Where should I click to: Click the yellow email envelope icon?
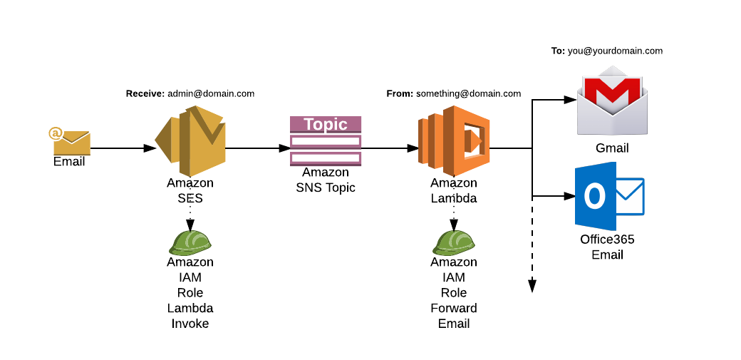pyautogui.click(x=71, y=142)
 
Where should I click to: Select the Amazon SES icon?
pyautogui.click(x=190, y=141)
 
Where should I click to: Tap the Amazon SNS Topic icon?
pyautogui.click(x=326, y=141)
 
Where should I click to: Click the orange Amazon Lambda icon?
pyautogui.click(x=454, y=141)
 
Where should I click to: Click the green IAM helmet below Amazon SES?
pyautogui.click(x=190, y=242)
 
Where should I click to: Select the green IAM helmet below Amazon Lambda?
pyautogui.click(x=454, y=242)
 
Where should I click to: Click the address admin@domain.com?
pyautogui.click(x=211, y=93)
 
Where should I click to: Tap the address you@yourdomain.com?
pyautogui.click(x=616, y=51)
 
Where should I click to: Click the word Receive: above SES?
pyautogui.click(x=145, y=93)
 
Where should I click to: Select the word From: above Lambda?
pyautogui.click(x=400, y=93)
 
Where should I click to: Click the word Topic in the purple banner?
pyautogui.click(x=326, y=124)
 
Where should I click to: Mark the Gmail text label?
pyautogui.click(x=612, y=148)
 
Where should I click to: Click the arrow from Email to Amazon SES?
pyautogui.click(x=121, y=148)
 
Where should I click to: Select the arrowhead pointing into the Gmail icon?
pyautogui.click(x=569, y=100)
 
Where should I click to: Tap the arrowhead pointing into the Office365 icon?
pyautogui.click(x=569, y=195)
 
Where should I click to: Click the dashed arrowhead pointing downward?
pyautogui.click(x=532, y=287)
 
